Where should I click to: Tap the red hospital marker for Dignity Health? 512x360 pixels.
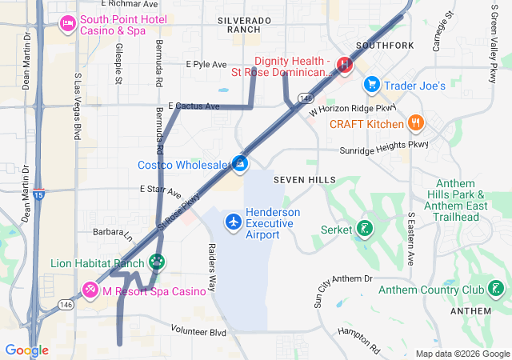(345, 64)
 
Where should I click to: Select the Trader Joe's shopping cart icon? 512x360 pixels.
(371, 84)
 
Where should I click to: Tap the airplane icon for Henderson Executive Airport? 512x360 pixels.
(233, 220)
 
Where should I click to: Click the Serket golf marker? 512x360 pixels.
(364, 230)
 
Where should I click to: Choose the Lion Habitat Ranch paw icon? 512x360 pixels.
(157, 262)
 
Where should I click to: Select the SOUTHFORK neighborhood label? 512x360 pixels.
(385, 46)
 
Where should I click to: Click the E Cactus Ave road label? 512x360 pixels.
(194, 106)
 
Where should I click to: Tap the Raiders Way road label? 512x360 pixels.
(212, 266)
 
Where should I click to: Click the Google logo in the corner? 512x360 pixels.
(26, 350)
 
